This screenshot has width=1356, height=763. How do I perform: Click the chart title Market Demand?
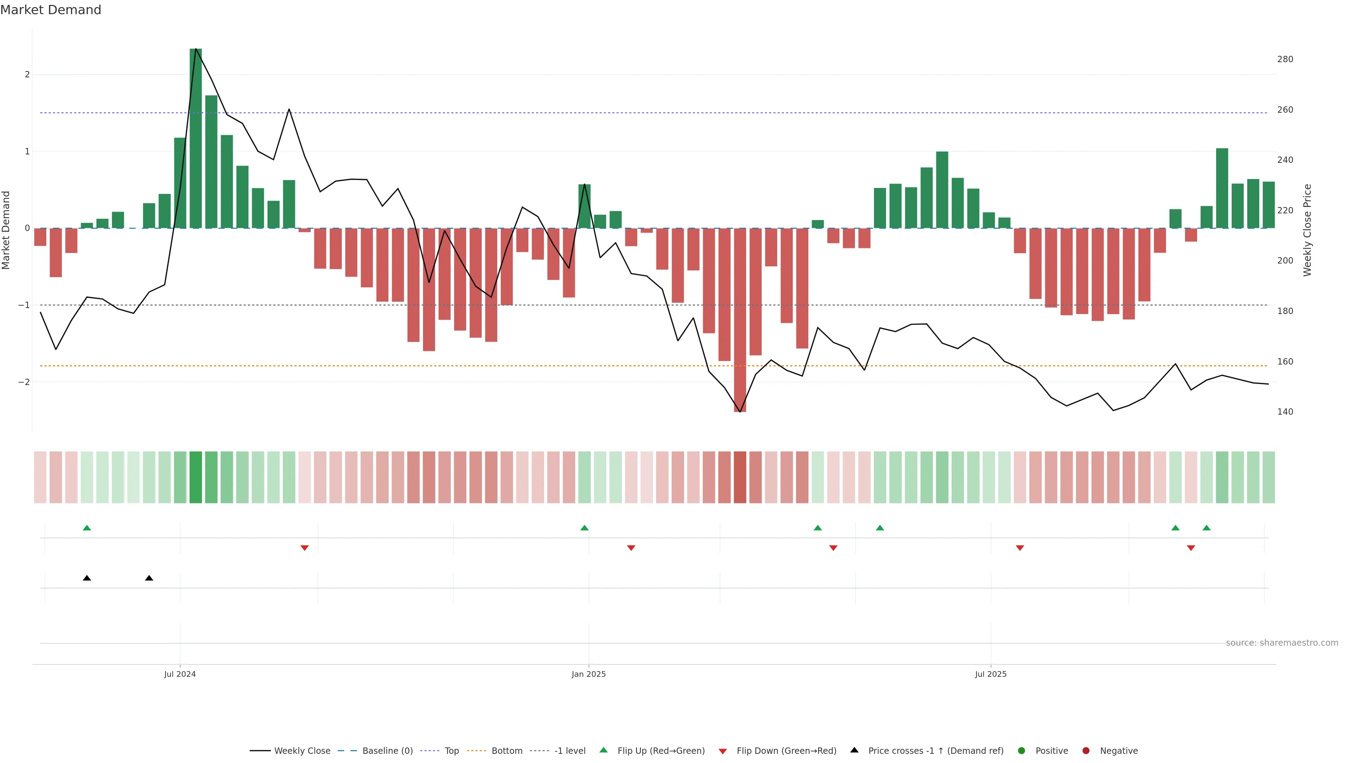click(50, 10)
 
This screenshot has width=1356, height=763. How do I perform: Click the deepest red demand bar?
click(739, 320)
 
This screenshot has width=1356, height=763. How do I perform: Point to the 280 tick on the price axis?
click(1284, 59)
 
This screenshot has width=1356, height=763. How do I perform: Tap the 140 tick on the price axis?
click(1284, 412)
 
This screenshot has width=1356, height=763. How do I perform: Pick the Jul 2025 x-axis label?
click(990, 674)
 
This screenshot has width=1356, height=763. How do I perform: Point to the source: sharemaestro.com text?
click(1282, 643)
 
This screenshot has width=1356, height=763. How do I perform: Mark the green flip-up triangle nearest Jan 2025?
click(584, 528)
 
